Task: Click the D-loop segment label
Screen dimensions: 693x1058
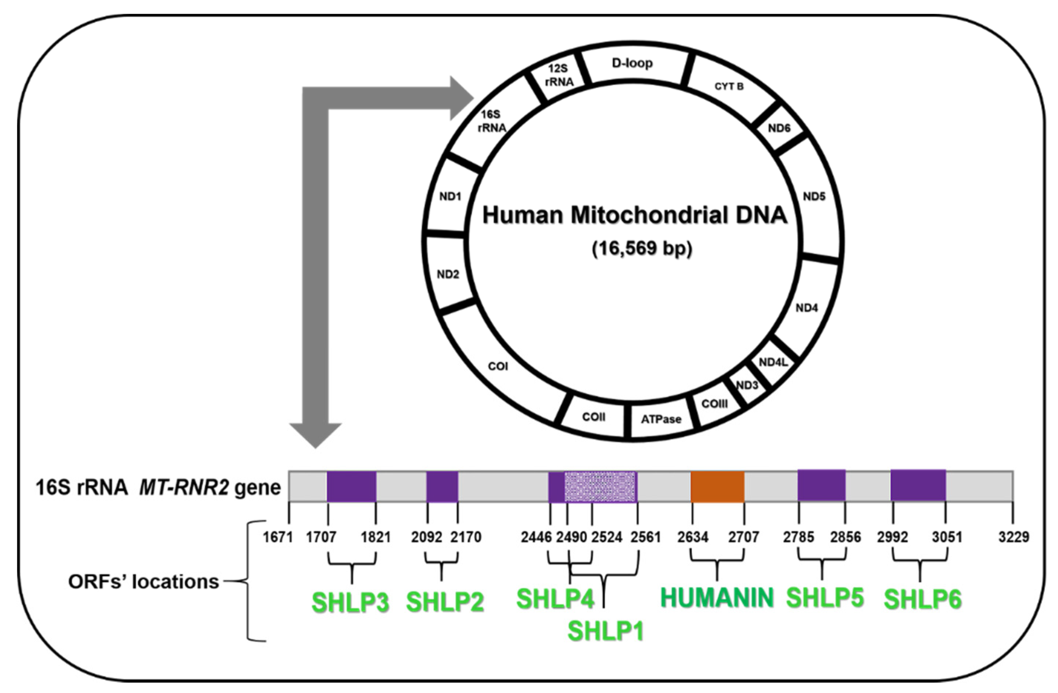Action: (x=632, y=64)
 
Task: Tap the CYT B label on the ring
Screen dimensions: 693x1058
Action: (x=729, y=87)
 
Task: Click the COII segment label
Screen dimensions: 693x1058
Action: (x=593, y=417)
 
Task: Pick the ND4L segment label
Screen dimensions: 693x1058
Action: (x=773, y=362)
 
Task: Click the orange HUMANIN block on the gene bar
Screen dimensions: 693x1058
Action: (x=717, y=487)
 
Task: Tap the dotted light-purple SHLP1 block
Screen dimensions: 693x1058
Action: (x=600, y=487)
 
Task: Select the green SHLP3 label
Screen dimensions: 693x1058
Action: (x=350, y=603)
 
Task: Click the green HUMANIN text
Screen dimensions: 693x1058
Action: (x=717, y=598)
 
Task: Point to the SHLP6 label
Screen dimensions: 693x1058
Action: (x=922, y=599)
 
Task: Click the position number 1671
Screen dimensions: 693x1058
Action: (x=278, y=538)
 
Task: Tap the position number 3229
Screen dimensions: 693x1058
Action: (x=1014, y=538)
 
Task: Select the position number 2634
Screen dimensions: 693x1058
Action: (x=693, y=538)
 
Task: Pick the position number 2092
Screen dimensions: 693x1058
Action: (x=426, y=538)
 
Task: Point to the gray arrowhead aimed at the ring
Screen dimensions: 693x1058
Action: (x=462, y=98)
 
